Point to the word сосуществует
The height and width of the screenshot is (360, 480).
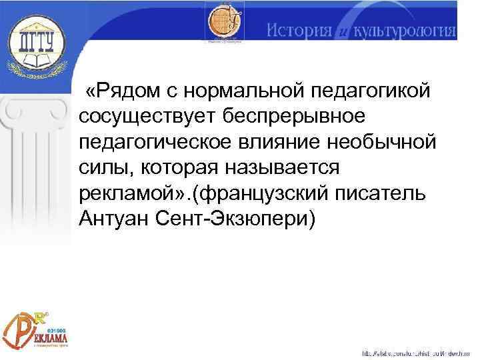(148, 117)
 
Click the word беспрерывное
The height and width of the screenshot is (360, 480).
(294, 117)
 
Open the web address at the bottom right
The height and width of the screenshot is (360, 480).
(417, 352)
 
